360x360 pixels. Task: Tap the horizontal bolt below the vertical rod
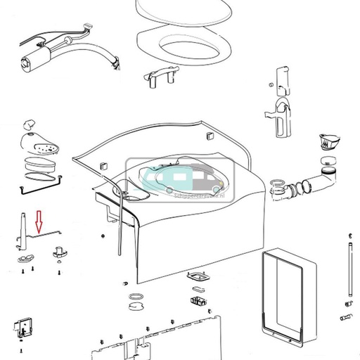pyautogui.click(x=346, y=319)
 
